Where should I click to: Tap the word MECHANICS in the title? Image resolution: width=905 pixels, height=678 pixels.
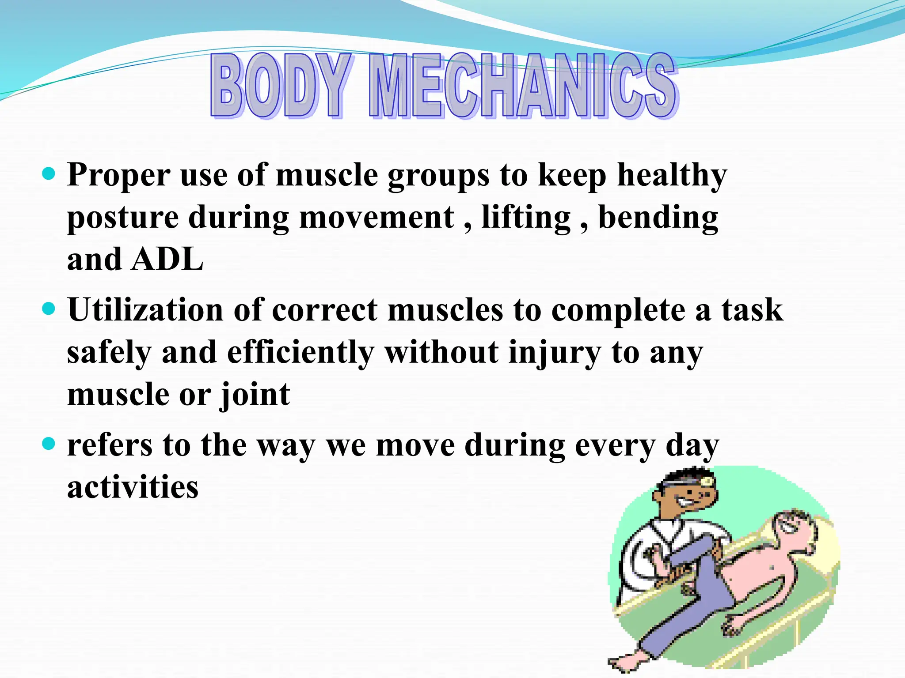[x=523, y=86]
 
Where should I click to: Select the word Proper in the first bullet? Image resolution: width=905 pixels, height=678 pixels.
[x=118, y=176]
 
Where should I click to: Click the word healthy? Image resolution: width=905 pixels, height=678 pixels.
[x=672, y=176]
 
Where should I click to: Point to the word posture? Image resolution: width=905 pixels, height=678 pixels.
[x=122, y=218]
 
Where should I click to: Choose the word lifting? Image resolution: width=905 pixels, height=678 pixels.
[x=526, y=218]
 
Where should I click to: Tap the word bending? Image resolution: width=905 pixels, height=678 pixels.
[x=658, y=218]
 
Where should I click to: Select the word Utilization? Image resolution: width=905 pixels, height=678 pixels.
[x=145, y=310]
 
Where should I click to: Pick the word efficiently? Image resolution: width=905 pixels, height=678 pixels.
[x=300, y=353]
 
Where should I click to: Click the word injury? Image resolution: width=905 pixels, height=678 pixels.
[x=555, y=353]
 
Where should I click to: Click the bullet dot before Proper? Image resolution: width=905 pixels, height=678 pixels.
[x=49, y=173]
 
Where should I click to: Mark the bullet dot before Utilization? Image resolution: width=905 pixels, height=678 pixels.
[x=49, y=308]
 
